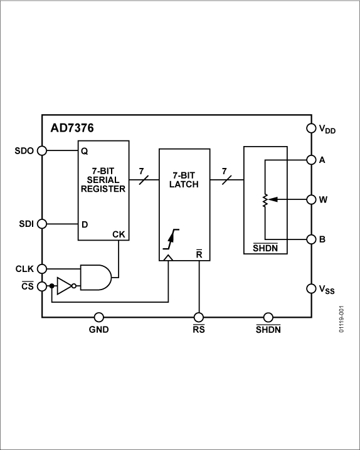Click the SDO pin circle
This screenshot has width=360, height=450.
(42, 150)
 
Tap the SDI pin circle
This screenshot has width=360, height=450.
(42, 224)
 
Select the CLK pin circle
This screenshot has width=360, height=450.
(42, 269)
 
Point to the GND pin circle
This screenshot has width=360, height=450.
(98, 317)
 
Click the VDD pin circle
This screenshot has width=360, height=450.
(312, 128)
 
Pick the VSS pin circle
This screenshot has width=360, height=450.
(312, 288)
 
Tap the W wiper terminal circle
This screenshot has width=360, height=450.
(312, 199)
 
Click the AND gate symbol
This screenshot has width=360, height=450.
(96, 278)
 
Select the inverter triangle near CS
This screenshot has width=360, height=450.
(65, 286)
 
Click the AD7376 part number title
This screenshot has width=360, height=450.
(72, 128)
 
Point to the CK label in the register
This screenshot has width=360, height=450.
(119, 234)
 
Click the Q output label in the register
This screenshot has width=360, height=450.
(85, 151)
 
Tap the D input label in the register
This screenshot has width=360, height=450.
(85, 224)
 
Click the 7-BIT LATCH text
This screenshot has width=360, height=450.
(184, 180)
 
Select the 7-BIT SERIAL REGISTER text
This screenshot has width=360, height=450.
(103, 180)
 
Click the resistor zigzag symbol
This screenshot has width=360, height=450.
(265, 200)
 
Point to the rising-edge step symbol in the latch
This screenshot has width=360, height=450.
(171, 239)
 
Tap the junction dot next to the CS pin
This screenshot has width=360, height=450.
(51, 286)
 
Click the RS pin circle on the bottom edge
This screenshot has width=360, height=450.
(199, 317)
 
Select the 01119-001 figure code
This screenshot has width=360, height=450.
(341, 319)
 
